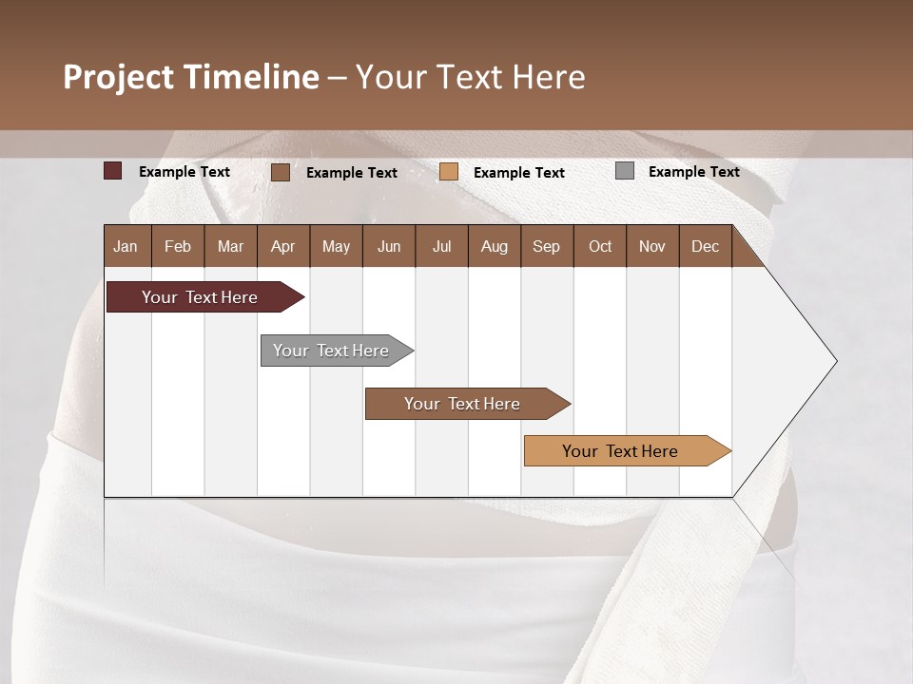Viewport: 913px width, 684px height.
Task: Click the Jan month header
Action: click(x=126, y=246)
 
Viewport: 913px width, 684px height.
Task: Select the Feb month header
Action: click(x=178, y=246)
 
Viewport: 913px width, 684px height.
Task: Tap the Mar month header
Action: click(x=230, y=246)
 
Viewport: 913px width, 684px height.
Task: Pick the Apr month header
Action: click(x=283, y=246)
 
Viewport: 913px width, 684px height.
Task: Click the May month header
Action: click(x=336, y=246)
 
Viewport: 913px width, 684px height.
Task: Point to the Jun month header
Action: click(x=389, y=246)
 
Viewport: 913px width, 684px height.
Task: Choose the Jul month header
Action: click(x=441, y=246)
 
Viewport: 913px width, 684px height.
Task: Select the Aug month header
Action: click(x=495, y=246)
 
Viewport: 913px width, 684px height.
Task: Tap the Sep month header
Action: click(x=547, y=246)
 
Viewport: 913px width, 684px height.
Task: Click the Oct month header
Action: click(x=600, y=246)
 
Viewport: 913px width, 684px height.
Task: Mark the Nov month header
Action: click(x=652, y=246)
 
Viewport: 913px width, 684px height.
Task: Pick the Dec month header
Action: click(x=706, y=246)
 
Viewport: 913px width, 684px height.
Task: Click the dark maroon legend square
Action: click(x=113, y=171)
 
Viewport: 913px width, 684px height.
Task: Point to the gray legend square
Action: click(x=625, y=171)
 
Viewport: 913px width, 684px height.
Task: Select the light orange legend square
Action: click(x=449, y=172)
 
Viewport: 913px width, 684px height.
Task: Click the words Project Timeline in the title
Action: click(x=191, y=77)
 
